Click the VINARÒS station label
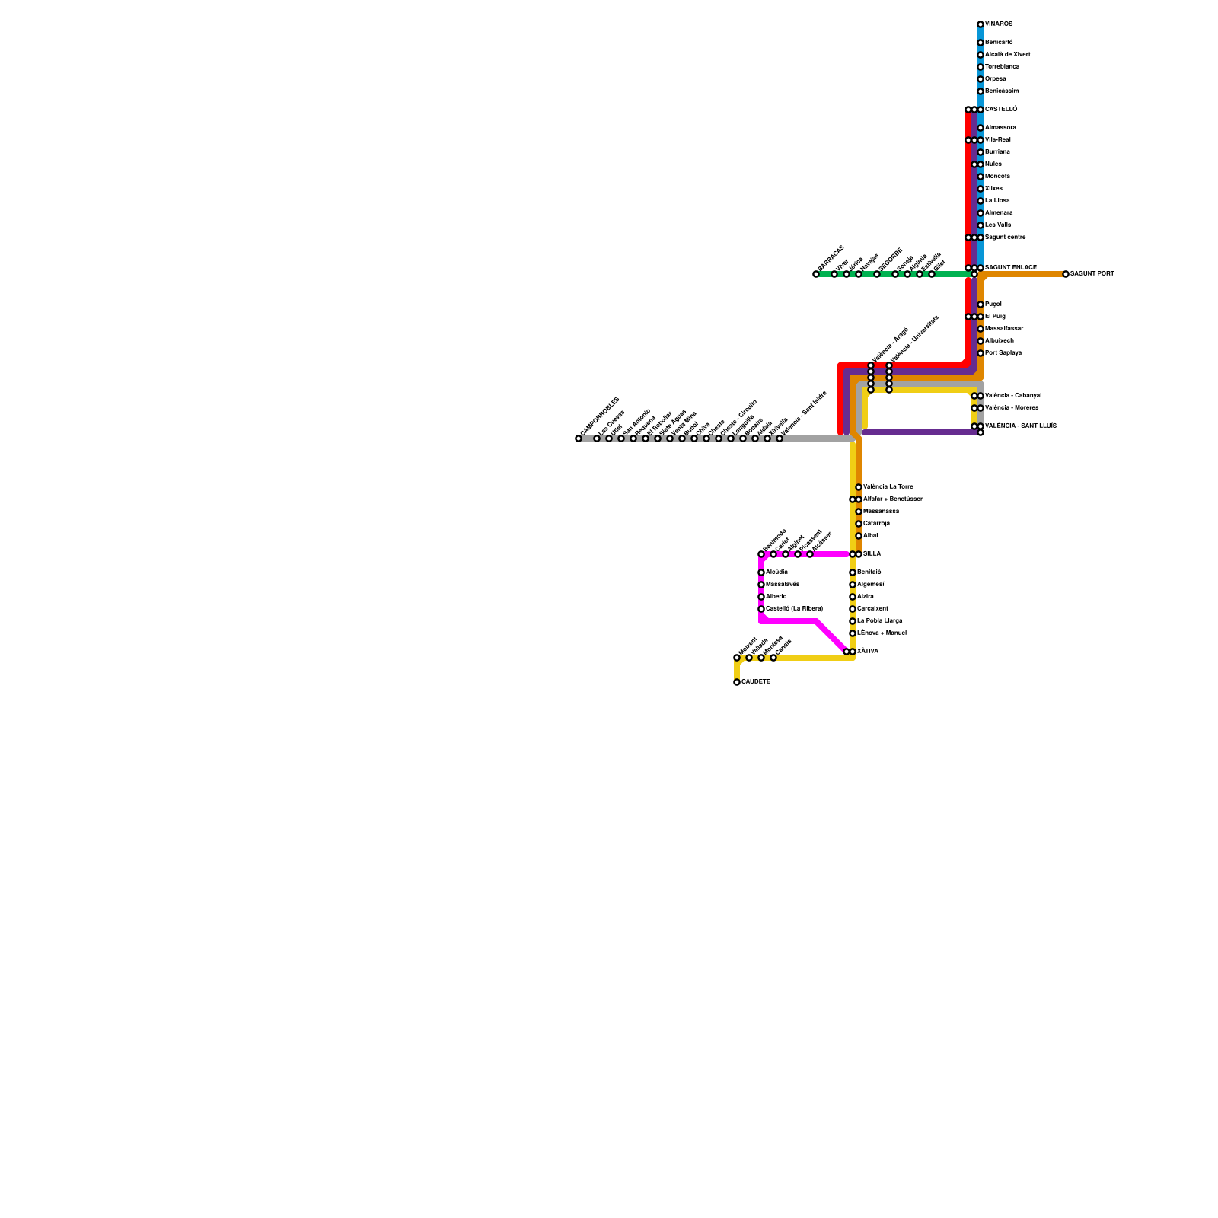[999, 24]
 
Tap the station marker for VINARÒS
[980, 24]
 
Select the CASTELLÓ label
[1000, 110]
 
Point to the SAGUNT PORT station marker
[1066, 274]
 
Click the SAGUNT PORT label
[1092, 274]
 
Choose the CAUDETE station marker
[737, 682]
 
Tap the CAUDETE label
[755, 682]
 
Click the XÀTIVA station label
[867, 652]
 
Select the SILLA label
[872, 554]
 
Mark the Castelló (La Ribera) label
[793, 609]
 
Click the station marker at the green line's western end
[816, 274]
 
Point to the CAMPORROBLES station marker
[579, 438]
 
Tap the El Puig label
[994, 317]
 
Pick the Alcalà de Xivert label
[1007, 55]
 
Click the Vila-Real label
[997, 140]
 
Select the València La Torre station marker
[859, 487]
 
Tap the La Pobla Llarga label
[879, 621]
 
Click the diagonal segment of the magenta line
[831, 636]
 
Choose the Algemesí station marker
[853, 585]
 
